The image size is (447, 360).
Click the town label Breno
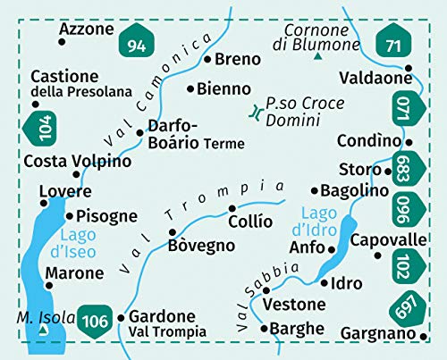(x=237, y=60)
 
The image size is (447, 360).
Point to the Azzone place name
(x=87, y=29)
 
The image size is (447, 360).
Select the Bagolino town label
(x=355, y=190)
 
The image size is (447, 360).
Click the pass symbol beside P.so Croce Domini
(x=257, y=112)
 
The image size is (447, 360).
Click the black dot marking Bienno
(x=190, y=88)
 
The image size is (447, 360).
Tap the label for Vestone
(x=294, y=305)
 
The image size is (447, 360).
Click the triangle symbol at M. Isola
(x=43, y=331)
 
